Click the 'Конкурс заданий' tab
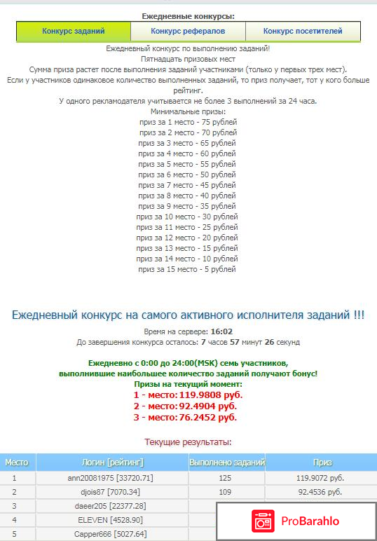pos(74,32)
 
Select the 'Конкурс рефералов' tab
pos(188,32)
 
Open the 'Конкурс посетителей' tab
pos(303,32)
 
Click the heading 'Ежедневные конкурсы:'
pos(188,15)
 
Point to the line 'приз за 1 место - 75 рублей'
pos(188,122)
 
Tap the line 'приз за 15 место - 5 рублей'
pos(188,269)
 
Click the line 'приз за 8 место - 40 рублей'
pos(188,196)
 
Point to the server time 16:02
pos(221,331)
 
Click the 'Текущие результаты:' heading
pos(188,442)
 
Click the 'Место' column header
pos(17,463)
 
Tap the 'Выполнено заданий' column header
pos(227,463)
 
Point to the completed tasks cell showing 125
pos(225,478)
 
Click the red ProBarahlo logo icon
pos(263,521)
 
